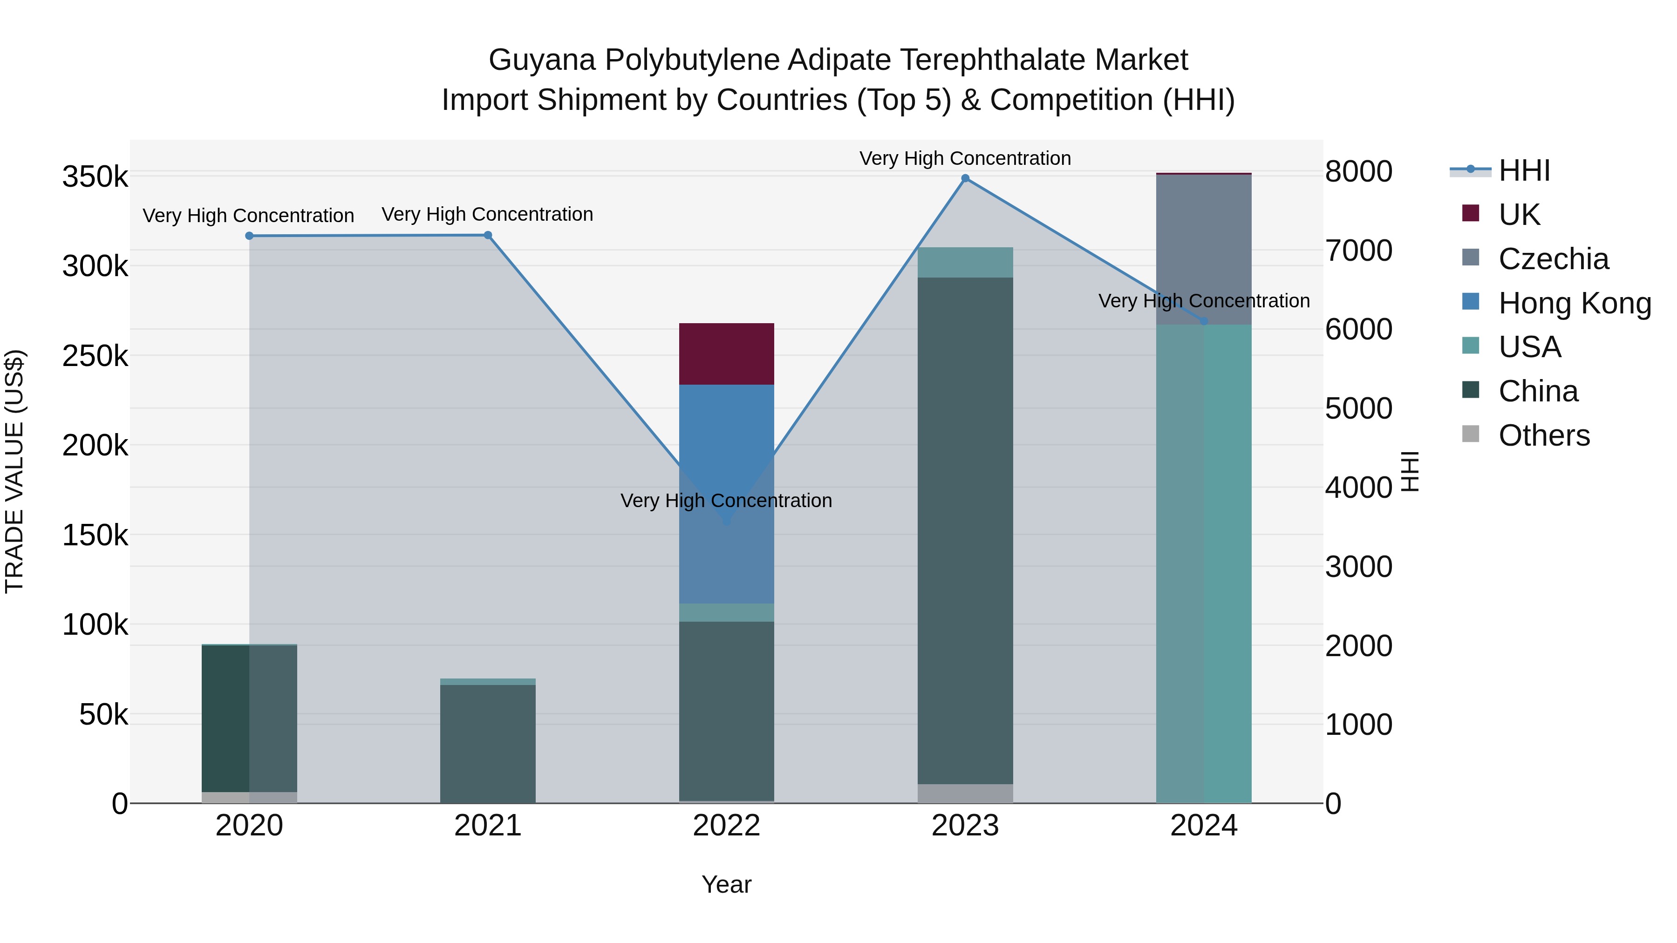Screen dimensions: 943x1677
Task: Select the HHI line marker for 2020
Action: (x=249, y=236)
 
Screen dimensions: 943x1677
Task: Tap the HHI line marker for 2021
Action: (x=488, y=235)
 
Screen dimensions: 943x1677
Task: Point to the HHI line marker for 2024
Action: (x=1204, y=321)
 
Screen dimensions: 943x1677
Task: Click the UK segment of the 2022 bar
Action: (x=727, y=353)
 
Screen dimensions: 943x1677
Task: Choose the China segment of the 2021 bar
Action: (x=488, y=743)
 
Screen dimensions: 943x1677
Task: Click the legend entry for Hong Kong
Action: (x=1574, y=303)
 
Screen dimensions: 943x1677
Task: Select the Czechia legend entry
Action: (x=1553, y=259)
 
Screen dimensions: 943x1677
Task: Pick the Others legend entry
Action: (x=1544, y=435)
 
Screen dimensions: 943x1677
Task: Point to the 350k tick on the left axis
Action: (x=95, y=176)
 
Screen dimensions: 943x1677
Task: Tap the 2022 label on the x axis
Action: (x=727, y=826)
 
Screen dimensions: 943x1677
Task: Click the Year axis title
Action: (x=727, y=884)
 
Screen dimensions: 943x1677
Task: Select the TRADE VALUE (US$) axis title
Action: (x=14, y=471)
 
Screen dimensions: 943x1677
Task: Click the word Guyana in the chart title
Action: (x=542, y=60)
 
